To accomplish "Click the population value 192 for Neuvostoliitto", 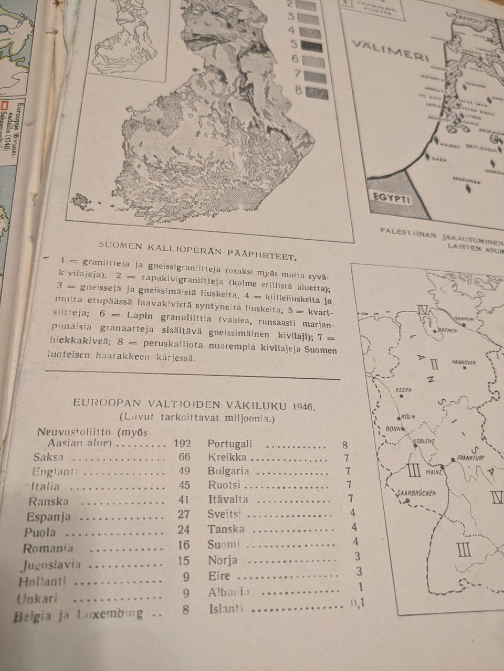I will point(182,443).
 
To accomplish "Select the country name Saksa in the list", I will point(48,457).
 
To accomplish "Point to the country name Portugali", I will point(230,443).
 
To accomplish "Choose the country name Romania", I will point(48,549).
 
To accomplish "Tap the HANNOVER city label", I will point(464,363).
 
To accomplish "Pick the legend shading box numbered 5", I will point(314,46).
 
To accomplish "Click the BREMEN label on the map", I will point(447,331).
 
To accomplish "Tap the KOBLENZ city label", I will point(425,441).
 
